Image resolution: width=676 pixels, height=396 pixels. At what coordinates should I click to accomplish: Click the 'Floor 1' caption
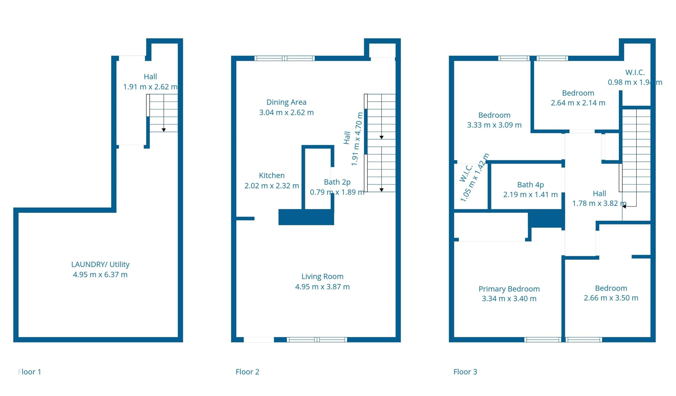click(30, 372)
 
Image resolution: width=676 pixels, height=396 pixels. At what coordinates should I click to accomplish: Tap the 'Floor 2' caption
click(247, 372)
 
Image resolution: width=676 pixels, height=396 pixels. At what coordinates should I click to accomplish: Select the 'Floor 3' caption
click(465, 372)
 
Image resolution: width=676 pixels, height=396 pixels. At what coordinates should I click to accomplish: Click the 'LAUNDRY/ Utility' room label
click(100, 265)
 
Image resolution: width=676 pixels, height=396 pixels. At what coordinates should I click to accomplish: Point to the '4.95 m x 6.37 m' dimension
click(100, 275)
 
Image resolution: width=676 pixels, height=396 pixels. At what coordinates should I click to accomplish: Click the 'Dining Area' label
click(286, 102)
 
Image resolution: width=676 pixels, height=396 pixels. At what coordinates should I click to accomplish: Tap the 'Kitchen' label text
click(272, 176)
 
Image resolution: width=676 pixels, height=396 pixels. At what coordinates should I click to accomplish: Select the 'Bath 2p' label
click(337, 182)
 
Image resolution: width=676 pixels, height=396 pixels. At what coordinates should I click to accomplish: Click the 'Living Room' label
click(322, 277)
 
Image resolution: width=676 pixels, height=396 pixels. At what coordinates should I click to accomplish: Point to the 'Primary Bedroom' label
click(509, 289)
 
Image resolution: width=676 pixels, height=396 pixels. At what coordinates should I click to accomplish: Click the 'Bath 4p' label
click(530, 185)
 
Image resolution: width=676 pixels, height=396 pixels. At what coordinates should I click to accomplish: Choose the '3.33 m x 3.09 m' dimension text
click(494, 125)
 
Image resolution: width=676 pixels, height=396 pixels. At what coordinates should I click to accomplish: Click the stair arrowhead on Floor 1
click(164, 130)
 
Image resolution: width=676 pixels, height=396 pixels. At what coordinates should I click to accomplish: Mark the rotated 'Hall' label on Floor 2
click(347, 138)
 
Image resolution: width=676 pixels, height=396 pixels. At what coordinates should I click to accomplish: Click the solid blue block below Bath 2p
click(306, 217)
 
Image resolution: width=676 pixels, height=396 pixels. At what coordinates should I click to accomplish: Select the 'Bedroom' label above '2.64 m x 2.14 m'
click(578, 93)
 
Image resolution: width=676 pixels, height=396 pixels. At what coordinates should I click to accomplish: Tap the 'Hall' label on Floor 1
click(150, 77)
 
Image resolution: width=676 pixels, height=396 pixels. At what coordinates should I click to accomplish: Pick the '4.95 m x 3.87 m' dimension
click(322, 287)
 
